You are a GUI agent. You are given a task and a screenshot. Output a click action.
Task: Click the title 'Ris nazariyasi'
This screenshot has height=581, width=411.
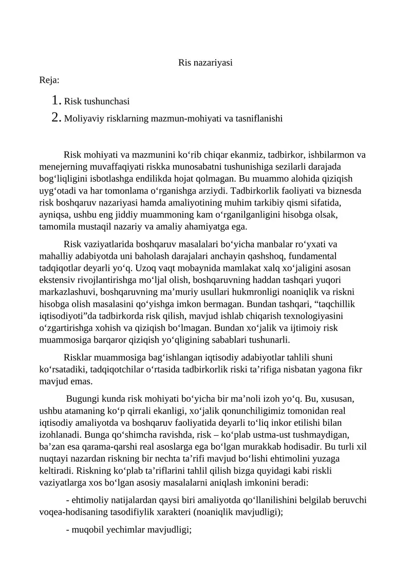[x=205, y=63]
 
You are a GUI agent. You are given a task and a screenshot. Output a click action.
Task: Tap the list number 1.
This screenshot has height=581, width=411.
[x=57, y=101]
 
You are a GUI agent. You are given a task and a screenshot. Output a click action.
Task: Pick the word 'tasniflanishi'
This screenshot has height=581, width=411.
[x=258, y=119]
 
